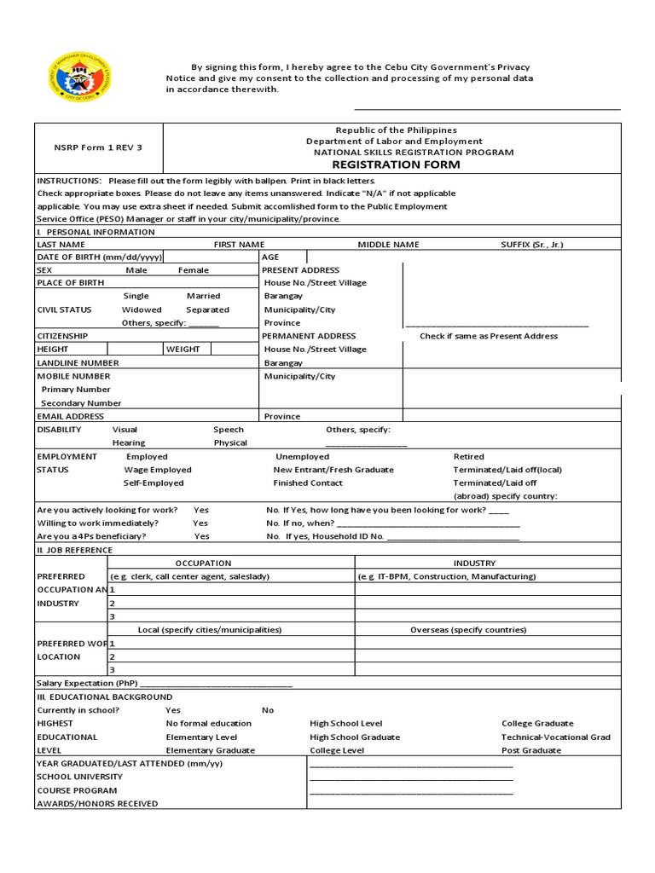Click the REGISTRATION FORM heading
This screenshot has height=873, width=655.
tap(396, 165)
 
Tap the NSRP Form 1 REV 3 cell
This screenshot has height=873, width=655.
tap(98, 147)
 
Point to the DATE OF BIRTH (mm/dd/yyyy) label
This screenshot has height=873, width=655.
tap(98, 257)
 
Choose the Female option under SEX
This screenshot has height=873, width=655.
tap(193, 270)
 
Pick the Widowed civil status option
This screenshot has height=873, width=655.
tap(142, 309)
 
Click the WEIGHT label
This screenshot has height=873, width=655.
tap(183, 350)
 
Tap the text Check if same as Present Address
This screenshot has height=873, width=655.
tap(489, 336)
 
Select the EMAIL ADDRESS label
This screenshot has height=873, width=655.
tap(70, 416)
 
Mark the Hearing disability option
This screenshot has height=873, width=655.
tap(129, 442)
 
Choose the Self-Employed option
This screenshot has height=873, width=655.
tap(154, 483)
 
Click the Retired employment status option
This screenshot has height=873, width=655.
tap(468, 457)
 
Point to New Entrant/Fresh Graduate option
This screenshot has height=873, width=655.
tap(333, 470)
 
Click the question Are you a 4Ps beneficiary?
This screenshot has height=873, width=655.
tap(91, 536)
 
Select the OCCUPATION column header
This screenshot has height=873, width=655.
tap(203, 564)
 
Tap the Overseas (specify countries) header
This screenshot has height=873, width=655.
tap(468, 630)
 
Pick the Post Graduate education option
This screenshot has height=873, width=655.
tap(531, 750)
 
